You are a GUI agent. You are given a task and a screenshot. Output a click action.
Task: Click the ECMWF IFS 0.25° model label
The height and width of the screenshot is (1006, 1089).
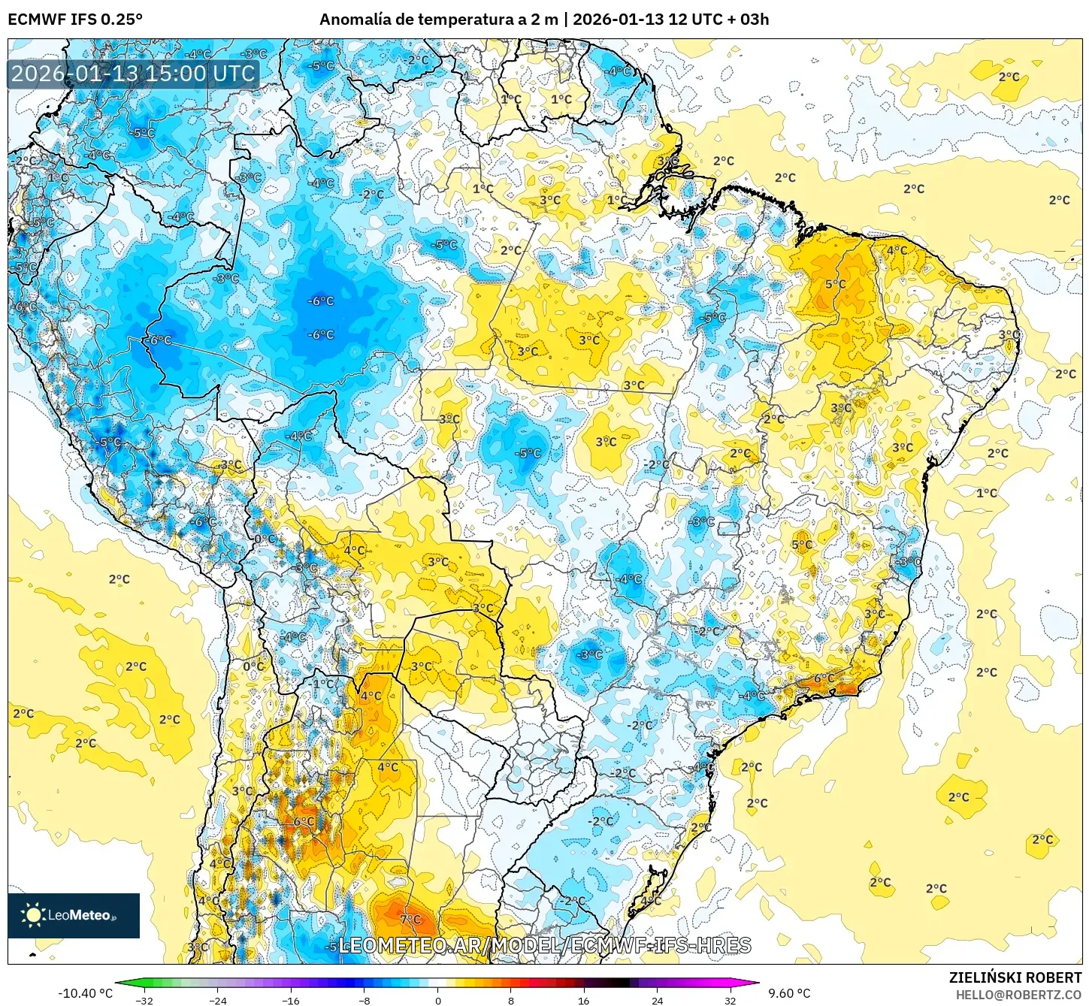point(75,20)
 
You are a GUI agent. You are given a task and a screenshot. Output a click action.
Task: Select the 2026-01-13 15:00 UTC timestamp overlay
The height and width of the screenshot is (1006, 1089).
point(133,74)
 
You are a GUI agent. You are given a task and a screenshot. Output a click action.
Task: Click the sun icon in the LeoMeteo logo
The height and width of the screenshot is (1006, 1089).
point(33,914)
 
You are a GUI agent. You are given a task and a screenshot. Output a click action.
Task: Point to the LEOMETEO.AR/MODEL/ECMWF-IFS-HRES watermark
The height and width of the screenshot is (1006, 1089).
point(545,945)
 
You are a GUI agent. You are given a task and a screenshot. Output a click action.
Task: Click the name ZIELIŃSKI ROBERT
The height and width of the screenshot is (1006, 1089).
point(1015,977)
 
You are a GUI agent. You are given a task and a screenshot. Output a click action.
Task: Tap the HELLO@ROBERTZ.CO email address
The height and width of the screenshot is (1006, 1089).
point(1018,995)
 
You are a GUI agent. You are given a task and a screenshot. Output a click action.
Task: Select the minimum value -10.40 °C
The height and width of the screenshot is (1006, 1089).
point(85,993)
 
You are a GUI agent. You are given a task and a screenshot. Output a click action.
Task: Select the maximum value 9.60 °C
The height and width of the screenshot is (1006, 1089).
point(789,993)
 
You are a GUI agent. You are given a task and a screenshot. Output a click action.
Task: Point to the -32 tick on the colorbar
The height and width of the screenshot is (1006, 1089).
point(144,1000)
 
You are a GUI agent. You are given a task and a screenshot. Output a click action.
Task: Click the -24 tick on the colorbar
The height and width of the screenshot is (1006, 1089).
point(217,1000)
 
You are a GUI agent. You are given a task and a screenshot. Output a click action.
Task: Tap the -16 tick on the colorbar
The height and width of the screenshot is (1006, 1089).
point(291,1000)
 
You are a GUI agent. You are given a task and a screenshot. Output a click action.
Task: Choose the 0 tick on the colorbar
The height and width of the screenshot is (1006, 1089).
point(438,1000)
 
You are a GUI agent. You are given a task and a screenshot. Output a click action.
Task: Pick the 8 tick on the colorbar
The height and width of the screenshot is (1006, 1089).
point(511,1000)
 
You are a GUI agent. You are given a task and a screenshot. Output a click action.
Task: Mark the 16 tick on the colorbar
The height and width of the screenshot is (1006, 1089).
point(584,1000)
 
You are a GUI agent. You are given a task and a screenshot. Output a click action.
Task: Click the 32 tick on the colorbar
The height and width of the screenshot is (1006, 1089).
point(731,1000)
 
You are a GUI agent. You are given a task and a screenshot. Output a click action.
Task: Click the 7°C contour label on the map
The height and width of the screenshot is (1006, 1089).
point(410,920)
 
